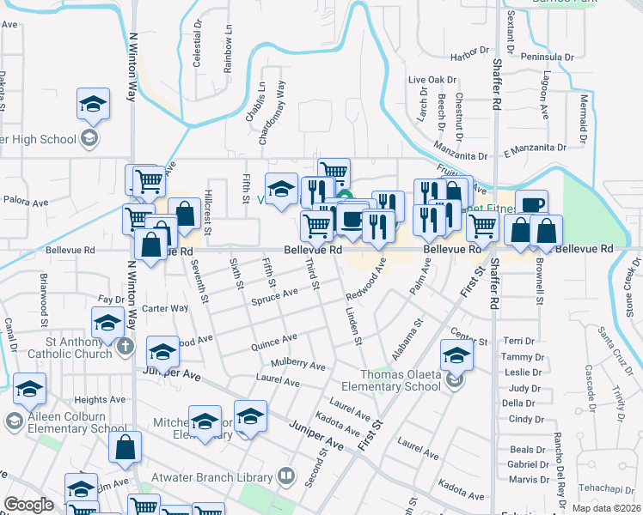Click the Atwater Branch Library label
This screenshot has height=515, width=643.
221,476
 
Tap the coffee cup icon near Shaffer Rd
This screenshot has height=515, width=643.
531,205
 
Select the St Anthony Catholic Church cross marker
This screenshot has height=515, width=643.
126,348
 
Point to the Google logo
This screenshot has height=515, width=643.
28,505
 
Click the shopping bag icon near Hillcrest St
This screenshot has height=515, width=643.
184,213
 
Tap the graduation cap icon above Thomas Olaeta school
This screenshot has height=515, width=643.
456,354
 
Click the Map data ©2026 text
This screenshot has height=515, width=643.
606,508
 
